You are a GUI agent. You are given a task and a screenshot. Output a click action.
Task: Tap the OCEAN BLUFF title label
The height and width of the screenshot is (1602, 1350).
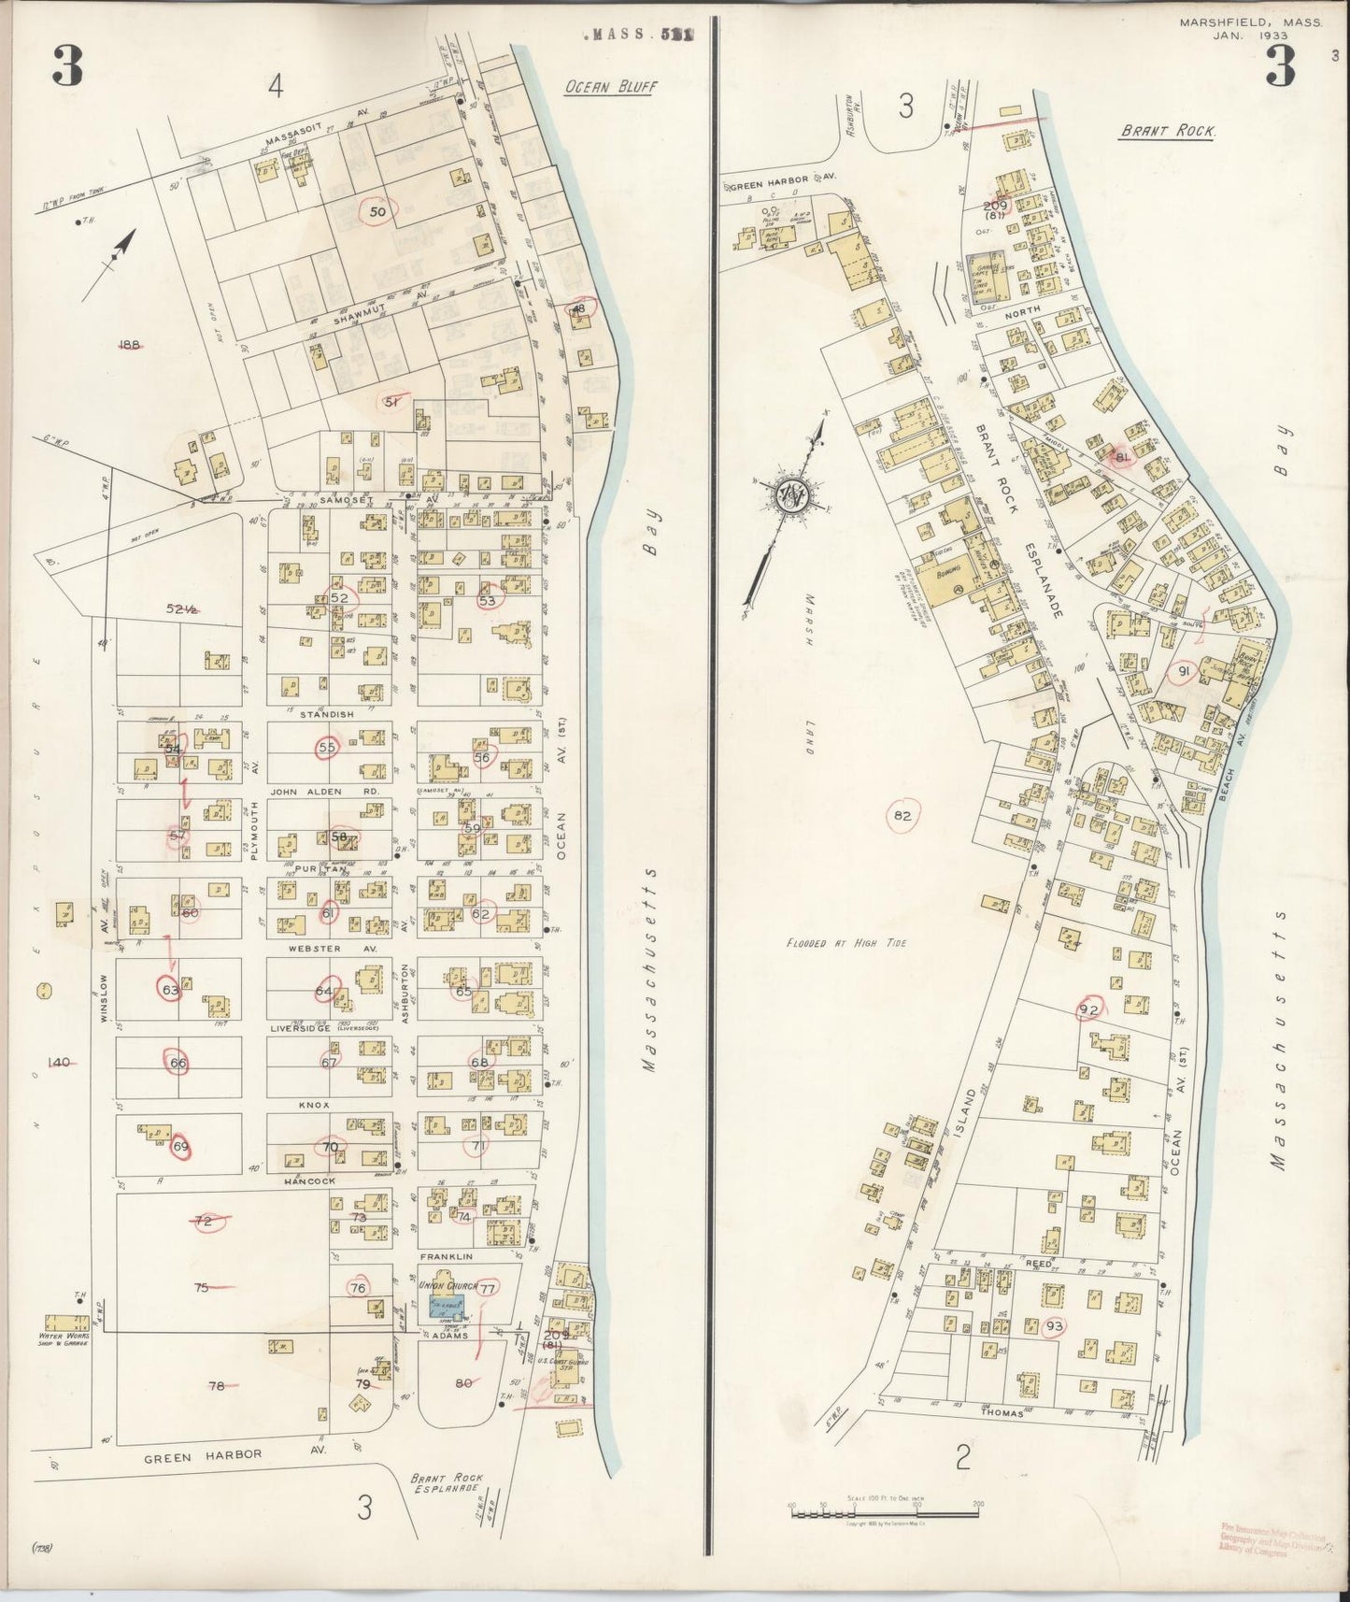click(x=612, y=87)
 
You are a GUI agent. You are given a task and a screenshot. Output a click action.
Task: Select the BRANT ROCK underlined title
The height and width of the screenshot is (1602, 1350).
click(x=1167, y=133)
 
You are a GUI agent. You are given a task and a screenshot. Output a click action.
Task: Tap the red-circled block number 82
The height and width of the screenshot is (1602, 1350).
click(x=902, y=815)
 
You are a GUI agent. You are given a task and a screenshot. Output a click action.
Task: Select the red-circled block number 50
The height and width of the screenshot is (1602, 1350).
click(x=378, y=212)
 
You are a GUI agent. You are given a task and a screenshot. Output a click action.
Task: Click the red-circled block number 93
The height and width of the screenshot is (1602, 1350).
click(x=1055, y=1325)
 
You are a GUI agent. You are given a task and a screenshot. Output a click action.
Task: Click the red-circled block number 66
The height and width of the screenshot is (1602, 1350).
click(x=178, y=1063)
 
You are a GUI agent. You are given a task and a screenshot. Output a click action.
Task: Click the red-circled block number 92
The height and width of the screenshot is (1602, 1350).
click(x=1088, y=1009)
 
